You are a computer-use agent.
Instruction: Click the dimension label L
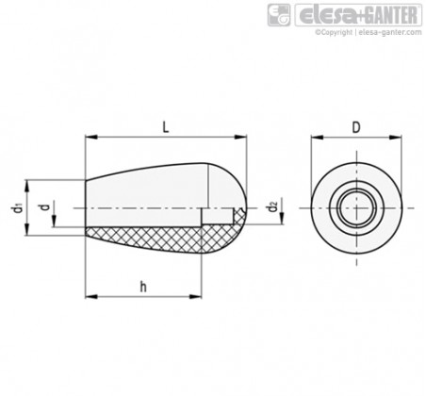(166, 127)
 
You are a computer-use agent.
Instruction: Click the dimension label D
(356, 127)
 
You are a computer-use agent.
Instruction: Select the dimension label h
(143, 287)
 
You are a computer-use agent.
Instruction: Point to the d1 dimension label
(18, 208)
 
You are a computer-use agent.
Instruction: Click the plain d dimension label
(45, 207)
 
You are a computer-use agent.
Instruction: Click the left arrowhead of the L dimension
(90, 137)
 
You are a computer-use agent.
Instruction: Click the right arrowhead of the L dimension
(241, 137)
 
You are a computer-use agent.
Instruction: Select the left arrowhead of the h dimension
(90, 296)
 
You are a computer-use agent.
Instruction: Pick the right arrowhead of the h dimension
(196, 296)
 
